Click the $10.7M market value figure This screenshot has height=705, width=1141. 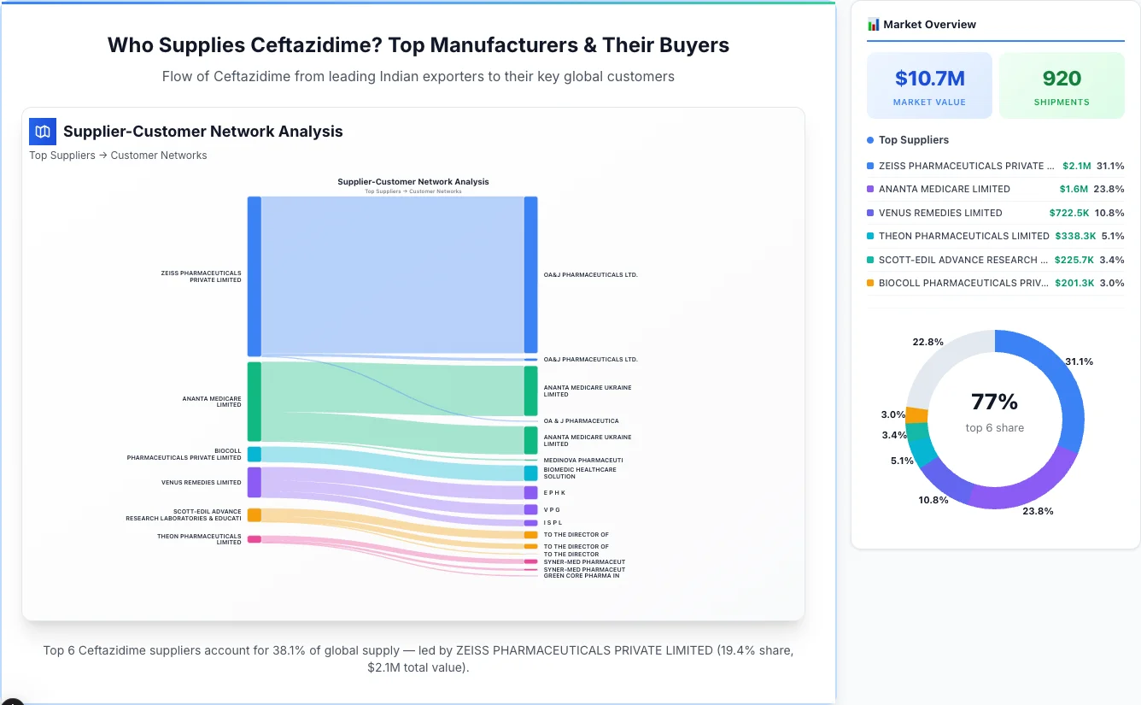[929, 79]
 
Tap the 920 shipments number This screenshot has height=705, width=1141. [1062, 79]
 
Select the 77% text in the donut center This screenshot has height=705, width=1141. [994, 402]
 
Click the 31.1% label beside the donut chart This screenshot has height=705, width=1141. [1079, 361]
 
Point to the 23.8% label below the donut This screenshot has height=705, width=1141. [1038, 511]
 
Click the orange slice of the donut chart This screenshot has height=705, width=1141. [916, 415]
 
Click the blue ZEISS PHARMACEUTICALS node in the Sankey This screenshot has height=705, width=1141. [254, 276]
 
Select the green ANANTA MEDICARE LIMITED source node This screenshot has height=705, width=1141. [254, 401]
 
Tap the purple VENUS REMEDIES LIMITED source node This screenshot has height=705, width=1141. [254, 482]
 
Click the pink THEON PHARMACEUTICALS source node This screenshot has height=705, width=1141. [254, 539]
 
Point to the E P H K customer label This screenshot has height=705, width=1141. [554, 493]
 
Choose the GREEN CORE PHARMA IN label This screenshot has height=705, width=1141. [582, 576]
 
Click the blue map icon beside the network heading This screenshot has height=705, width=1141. [43, 132]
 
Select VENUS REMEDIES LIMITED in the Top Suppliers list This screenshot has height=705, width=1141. [940, 213]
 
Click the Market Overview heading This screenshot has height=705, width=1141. [929, 25]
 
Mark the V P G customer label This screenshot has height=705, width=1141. [552, 509]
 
